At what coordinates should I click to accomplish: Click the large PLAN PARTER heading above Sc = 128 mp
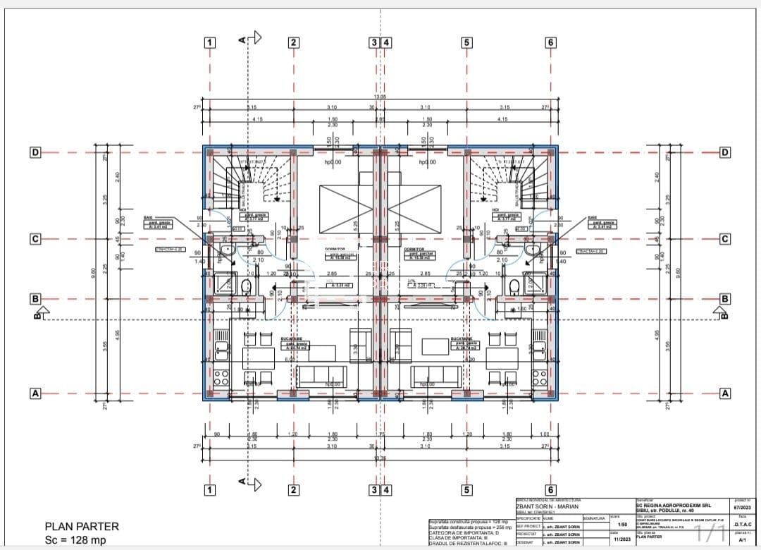pos(82,526)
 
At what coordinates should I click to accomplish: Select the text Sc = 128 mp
pos(75,539)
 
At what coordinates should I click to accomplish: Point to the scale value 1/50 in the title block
pos(621,524)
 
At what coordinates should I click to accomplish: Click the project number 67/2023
pos(743,506)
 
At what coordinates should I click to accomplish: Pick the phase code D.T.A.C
pos(743,524)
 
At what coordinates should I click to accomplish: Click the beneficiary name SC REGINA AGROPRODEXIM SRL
pos(673,505)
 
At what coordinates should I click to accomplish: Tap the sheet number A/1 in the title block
pos(742,539)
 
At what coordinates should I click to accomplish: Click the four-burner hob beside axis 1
pos(222,375)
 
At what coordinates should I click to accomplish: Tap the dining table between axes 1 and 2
pos(259,355)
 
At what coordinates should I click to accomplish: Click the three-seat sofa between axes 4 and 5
pos(438,374)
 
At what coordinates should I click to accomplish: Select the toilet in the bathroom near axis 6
pos(514,286)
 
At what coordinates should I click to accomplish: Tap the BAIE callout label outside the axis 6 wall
pos(602,222)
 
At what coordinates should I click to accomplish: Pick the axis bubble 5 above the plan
pos(466,42)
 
